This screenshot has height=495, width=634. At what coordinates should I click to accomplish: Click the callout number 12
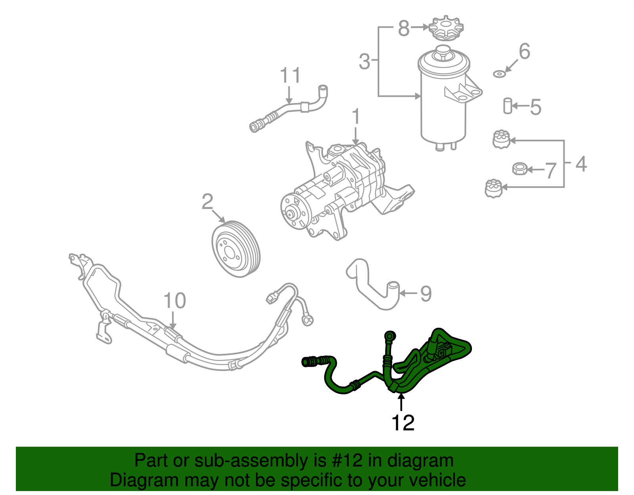[403, 423]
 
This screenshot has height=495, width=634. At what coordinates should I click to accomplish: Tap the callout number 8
[403, 29]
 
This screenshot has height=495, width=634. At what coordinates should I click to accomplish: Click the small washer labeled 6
[499, 74]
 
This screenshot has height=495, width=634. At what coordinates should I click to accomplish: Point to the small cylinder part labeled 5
[507, 106]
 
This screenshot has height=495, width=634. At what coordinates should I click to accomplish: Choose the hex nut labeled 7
[519, 169]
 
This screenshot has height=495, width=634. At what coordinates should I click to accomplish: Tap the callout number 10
[174, 301]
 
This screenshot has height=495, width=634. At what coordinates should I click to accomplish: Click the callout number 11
[290, 75]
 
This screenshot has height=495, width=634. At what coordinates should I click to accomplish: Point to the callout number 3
[364, 62]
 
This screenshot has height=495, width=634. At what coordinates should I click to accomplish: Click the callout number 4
[581, 164]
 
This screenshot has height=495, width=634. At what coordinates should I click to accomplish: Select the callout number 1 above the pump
[356, 117]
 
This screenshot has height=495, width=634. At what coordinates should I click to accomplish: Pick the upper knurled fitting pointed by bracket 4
[501, 140]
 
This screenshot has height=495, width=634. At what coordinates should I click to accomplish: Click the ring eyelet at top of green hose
[390, 336]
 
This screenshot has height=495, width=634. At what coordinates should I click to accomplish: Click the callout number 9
[426, 294]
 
